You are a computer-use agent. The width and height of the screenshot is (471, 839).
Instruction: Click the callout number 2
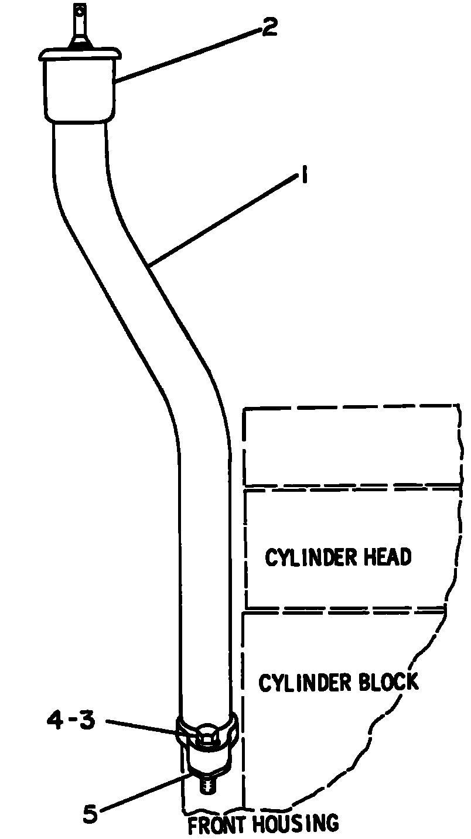269,26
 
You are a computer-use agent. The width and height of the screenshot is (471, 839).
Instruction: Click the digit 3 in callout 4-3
87,720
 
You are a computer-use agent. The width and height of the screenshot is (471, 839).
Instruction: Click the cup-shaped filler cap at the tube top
80,84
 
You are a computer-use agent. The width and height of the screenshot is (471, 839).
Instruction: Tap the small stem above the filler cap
80,26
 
